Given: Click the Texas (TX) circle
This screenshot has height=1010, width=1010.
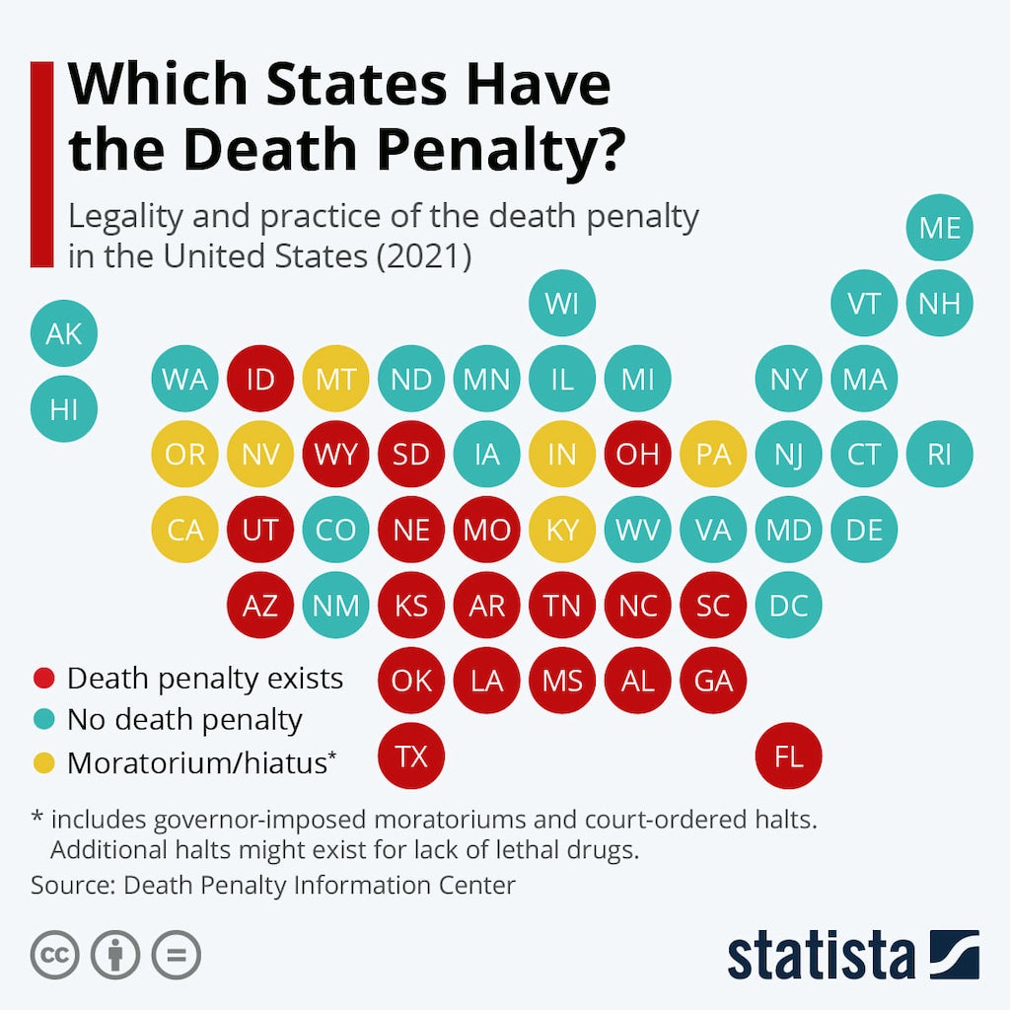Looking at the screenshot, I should click(411, 757).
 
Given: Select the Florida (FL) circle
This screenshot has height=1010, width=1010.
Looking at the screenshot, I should click(788, 757).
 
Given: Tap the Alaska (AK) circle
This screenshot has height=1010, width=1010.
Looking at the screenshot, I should click(64, 333).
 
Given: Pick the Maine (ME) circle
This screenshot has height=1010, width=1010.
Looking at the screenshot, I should click(939, 228).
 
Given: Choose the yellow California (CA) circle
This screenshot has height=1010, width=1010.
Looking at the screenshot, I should click(184, 530).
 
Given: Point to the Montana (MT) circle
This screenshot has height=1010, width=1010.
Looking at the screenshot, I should click(335, 379).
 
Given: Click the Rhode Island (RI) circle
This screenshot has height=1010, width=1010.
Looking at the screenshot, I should click(939, 455).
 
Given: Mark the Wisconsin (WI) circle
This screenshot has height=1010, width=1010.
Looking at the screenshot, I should click(562, 303).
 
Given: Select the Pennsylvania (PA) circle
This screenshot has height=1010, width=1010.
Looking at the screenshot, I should click(712, 455).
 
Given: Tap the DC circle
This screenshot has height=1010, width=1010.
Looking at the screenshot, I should click(788, 606).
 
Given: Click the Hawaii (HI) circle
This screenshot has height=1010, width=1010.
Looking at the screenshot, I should click(64, 408).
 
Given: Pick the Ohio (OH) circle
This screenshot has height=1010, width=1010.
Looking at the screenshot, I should click(637, 455).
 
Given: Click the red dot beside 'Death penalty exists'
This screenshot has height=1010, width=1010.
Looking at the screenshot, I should click(43, 679).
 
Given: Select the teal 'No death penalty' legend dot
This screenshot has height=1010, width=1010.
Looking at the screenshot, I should click(43, 720).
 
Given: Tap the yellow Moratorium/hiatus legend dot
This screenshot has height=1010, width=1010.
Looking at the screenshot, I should click(43, 762).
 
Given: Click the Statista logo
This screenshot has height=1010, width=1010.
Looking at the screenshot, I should click(853, 956).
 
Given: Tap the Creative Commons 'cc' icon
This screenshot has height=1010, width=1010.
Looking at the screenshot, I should click(55, 956).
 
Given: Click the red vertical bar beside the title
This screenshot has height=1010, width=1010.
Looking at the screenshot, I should click(41, 164).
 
